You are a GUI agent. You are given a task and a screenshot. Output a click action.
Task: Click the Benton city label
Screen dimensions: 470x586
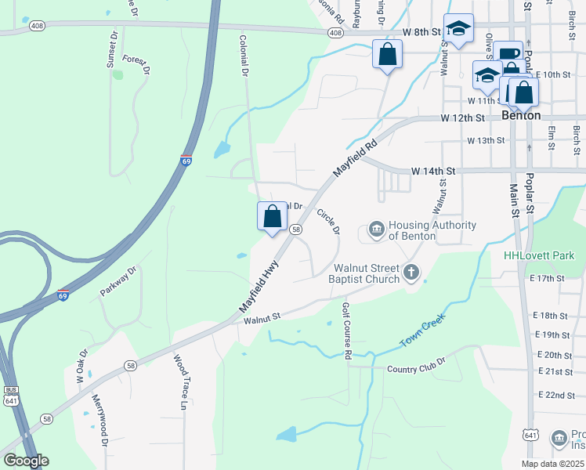coord(521,114)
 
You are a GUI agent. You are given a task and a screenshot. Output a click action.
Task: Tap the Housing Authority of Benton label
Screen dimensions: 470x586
coord(432,230)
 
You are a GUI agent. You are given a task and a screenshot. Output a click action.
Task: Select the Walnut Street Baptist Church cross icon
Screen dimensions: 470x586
coord(411,273)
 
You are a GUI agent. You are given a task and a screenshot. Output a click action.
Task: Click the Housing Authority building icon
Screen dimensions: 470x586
coord(376,230)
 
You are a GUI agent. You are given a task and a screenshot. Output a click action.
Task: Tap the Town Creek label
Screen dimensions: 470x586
coord(422,332)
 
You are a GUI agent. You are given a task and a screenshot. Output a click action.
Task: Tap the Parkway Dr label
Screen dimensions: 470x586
coord(118,280)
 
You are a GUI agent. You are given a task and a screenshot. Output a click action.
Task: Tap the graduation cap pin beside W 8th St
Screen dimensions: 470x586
coord(458,28)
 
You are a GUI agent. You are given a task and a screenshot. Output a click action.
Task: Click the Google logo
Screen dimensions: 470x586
coord(26,461)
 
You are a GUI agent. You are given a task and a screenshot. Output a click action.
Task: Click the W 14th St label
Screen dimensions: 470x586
coord(433,171)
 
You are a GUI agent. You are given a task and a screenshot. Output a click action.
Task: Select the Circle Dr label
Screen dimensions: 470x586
coord(329,221)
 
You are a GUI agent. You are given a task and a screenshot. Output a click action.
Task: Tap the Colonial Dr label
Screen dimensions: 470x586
coord(244,55)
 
